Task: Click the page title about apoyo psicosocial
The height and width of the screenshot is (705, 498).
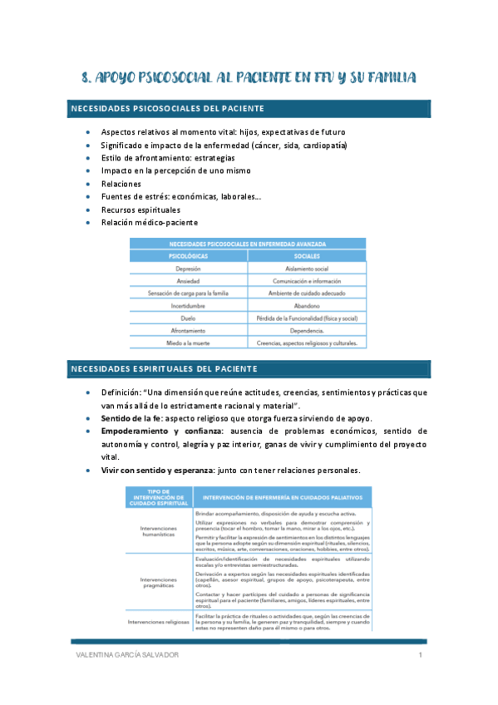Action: click(x=249, y=79)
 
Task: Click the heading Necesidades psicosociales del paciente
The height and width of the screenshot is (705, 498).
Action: click(x=168, y=109)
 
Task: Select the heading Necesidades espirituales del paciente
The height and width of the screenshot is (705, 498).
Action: click(x=164, y=368)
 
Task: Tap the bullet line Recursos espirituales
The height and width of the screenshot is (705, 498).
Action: click(x=140, y=210)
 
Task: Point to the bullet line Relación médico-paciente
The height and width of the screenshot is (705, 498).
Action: click(x=149, y=223)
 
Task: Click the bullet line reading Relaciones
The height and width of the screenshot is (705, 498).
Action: click(x=121, y=184)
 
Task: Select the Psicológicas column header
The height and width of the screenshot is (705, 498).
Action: click(x=188, y=257)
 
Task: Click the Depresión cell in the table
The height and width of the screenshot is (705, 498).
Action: click(x=188, y=269)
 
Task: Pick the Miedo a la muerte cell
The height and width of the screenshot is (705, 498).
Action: click(x=188, y=343)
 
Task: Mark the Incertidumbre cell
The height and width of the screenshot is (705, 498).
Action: click(x=188, y=306)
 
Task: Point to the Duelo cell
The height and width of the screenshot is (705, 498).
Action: click(x=188, y=318)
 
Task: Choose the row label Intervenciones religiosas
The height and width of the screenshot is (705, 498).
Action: click(x=158, y=621)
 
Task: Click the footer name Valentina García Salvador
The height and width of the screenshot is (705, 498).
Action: click(x=126, y=657)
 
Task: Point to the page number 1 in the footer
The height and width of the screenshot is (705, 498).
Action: click(x=421, y=657)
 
